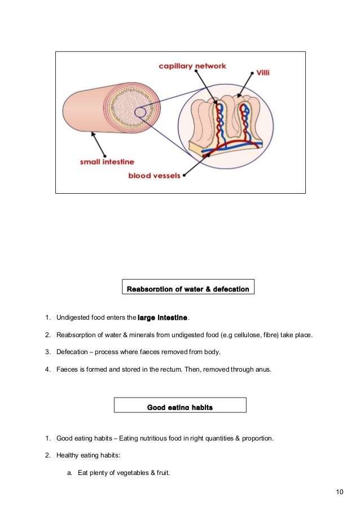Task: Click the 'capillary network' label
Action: (x=192, y=66)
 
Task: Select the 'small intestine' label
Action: (x=106, y=162)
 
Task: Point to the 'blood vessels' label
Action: (x=155, y=176)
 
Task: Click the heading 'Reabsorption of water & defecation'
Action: (x=188, y=289)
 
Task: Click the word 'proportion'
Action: (x=257, y=438)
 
